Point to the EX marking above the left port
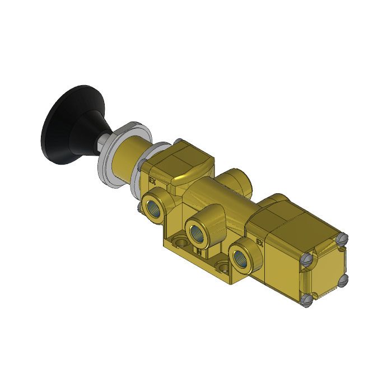[x=151, y=181]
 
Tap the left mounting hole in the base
[x=180, y=242]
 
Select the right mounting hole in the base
[x=223, y=268]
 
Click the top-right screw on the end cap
[x=343, y=239]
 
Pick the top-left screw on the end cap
[x=306, y=260]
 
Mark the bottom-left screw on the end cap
[x=306, y=301]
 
